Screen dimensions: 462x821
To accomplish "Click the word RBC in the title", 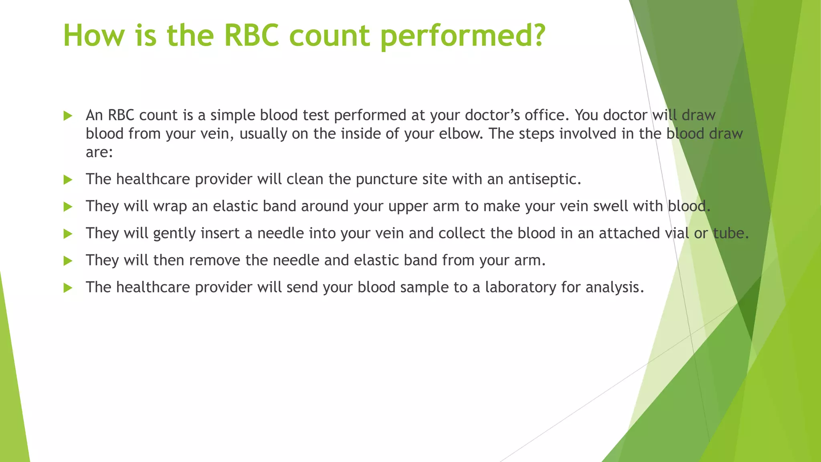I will (x=251, y=35).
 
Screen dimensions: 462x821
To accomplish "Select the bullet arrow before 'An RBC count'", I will (x=68, y=116).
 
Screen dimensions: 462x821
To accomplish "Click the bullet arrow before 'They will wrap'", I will (x=68, y=207).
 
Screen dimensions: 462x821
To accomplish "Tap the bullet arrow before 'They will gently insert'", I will (x=68, y=234).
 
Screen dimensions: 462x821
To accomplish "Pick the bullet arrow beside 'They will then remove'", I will (x=68, y=261).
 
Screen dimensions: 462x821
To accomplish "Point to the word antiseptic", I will (x=544, y=179).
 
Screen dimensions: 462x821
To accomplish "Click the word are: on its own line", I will (x=99, y=152).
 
